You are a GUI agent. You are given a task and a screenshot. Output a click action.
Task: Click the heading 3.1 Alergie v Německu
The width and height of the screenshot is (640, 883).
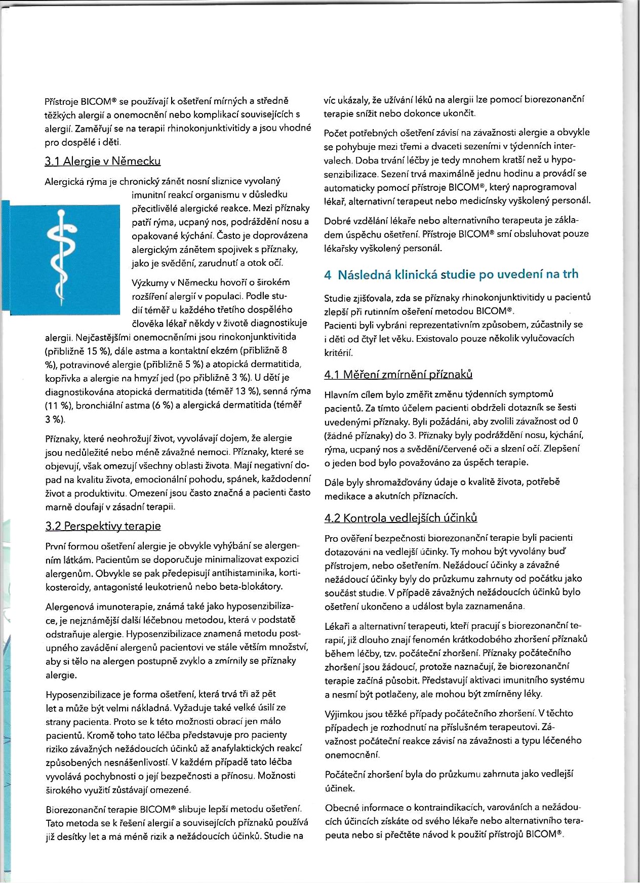(102, 162)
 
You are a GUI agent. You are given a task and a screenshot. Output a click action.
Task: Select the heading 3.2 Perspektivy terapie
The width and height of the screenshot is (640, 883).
(103, 526)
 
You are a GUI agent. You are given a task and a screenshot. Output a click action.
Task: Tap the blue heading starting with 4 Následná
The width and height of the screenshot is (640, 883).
(451, 274)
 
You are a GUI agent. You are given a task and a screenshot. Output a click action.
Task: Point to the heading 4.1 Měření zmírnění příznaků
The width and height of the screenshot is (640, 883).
(398, 375)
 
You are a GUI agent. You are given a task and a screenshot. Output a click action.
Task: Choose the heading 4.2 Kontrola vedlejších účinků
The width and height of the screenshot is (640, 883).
(401, 518)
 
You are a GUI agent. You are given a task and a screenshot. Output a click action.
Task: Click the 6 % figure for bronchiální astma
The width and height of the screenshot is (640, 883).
(159, 406)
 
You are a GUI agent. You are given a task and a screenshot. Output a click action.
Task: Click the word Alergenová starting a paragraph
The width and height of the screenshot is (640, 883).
(70, 607)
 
